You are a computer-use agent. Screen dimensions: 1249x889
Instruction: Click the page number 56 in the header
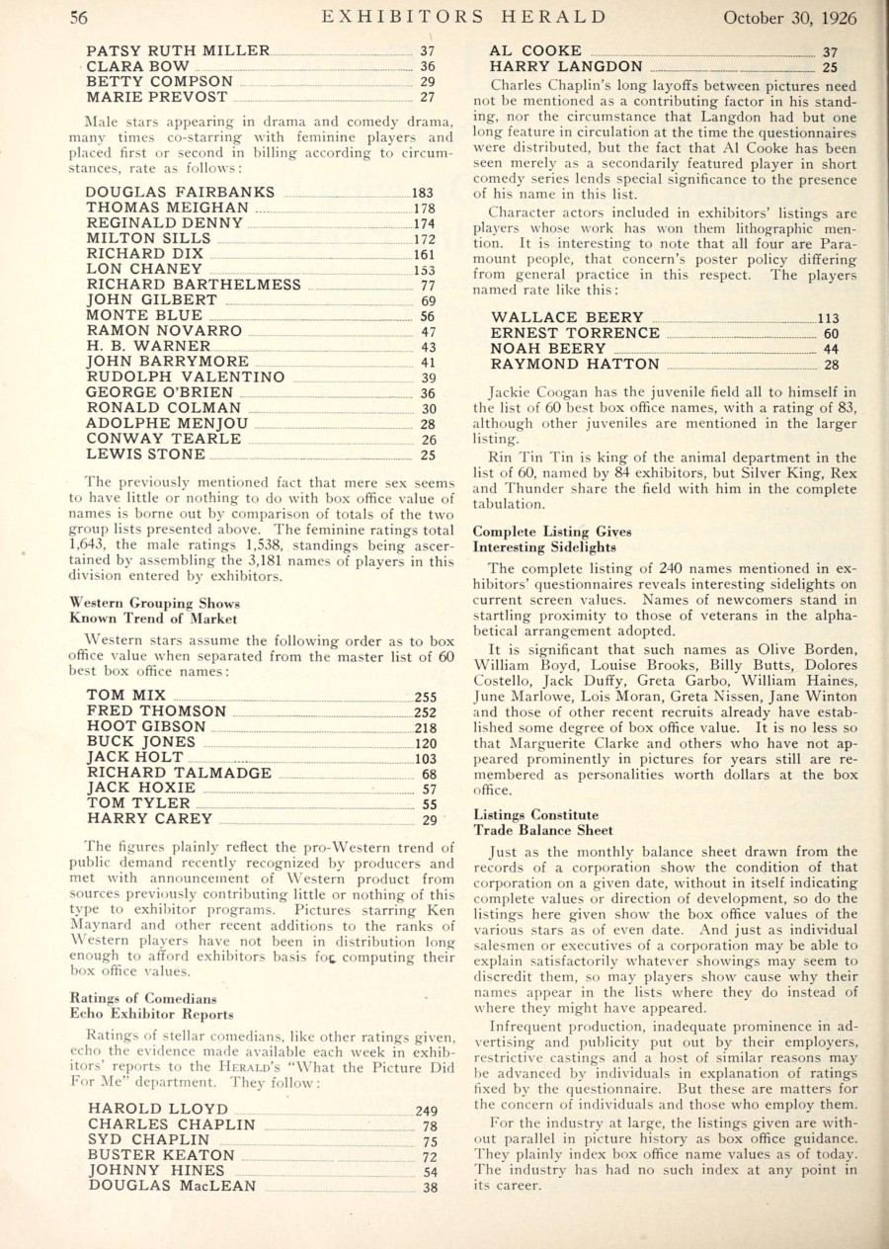[x=79, y=17]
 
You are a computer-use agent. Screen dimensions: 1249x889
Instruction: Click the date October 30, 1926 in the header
[x=790, y=17]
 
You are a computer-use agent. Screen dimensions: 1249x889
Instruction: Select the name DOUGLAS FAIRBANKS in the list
[x=181, y=193]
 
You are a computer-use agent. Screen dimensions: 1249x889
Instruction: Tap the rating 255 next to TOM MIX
[x=426, y=697]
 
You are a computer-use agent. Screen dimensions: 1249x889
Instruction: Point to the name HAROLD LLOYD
[x=158, y=1110]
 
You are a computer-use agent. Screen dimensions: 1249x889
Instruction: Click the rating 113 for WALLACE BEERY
[x=827, y=318]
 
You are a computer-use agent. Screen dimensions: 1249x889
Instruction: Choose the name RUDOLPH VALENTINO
[x=186, y=377]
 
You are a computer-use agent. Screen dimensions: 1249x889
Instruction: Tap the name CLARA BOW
[x=137, y=66]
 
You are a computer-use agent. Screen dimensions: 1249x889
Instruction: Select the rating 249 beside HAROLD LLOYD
[x=426, y=1111]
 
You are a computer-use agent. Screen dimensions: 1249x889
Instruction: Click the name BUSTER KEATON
[x=161, y=1155]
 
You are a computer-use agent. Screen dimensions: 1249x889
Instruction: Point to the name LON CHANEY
[x=144, y=269]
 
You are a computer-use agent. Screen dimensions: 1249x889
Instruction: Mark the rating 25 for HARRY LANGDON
[x=830, y=68]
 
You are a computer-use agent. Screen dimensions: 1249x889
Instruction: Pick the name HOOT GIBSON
[x=146, y=727]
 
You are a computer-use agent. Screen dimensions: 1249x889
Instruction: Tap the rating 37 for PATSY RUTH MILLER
[x=428, y=51]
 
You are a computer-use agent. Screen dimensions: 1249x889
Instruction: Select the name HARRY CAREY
[x=149, y=819]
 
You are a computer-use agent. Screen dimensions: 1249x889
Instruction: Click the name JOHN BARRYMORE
[x=169, y=363]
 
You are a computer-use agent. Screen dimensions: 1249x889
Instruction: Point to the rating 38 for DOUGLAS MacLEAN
[x=430, y=1187]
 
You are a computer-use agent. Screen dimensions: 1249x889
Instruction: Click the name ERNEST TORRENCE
[x=575, y=333]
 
